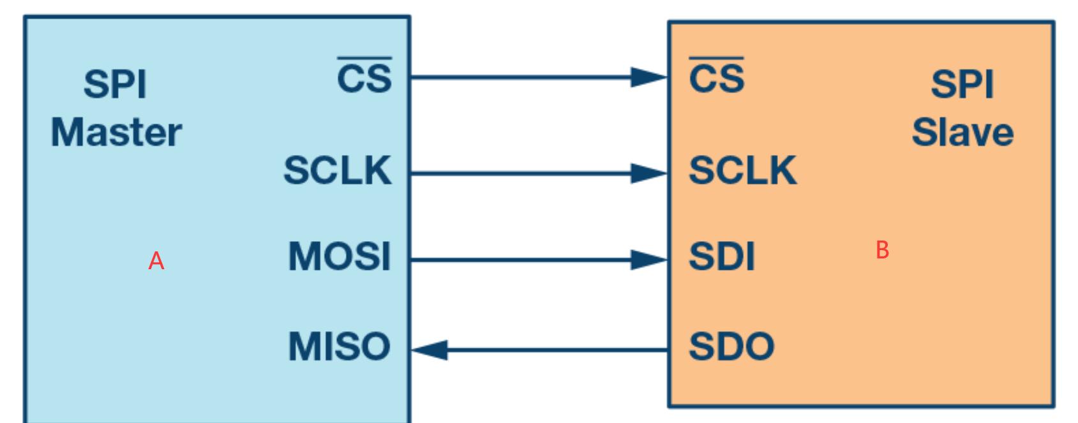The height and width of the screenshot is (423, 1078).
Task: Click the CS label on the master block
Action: click(x=364, y=79)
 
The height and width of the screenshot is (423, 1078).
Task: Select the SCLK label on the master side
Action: click(x=338, y=170)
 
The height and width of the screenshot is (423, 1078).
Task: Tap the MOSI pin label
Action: click(x=339, y=256)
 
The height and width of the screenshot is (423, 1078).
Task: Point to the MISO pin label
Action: click(x=339, y=346)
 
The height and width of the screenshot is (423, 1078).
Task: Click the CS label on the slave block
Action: click(x=717, y=79)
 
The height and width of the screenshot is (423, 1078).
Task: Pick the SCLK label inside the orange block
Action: click(x=743, y=170)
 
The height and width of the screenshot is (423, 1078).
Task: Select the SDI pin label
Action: click(x=722, y=256)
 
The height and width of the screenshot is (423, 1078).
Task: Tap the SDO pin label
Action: click(x=731, y=346)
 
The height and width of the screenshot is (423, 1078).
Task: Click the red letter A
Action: click(x=156, y=261)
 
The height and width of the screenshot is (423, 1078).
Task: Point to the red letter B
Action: click(x=883, y=250)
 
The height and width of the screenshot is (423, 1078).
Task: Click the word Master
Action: click(x=116, y=133)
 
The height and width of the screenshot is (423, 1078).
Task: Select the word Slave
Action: click(x=962, y=133)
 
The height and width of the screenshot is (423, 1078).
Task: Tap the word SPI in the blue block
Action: click(x=116, y=84)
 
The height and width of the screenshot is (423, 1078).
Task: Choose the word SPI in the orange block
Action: click(x=962, y=84)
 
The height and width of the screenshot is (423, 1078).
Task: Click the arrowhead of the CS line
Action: click(x=648, y=77)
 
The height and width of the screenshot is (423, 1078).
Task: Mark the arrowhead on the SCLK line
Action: click(x=648, y=173)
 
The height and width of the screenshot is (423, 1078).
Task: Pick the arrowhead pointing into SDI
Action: click(x=648, y=260)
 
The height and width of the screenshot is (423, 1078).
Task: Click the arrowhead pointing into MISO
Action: click(x=430, y=350)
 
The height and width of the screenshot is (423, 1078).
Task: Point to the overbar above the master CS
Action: click(x=364, y=58)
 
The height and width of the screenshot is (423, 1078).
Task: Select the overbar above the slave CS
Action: click(x=717, y=58)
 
